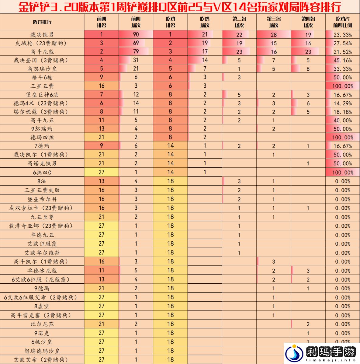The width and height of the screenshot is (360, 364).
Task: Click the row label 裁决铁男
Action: [42, 35]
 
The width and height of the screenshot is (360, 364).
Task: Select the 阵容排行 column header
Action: [42, 22]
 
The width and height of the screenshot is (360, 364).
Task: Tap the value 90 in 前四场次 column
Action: [136, 35]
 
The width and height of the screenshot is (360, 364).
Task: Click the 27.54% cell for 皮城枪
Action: [342, 43]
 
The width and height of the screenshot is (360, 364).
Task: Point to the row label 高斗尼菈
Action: [42, 52]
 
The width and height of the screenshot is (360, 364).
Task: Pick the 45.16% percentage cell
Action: [342, 60]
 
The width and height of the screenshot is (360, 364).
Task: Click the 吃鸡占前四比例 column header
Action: [342, 22]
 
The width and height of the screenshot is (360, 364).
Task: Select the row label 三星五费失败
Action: [42, 190]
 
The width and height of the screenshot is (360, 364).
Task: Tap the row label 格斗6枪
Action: [42, 77]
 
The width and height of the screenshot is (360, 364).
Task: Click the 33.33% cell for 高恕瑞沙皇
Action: [342, 69]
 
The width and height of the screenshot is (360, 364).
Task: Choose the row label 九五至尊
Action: [42, 217]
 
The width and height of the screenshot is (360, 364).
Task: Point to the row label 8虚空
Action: [42, 306]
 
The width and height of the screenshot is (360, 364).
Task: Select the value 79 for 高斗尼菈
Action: [136, 52]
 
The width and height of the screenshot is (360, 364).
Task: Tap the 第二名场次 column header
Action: [239, 22]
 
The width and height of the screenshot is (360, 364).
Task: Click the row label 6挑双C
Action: [42, 172]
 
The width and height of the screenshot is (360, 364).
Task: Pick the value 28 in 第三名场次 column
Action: [274, 35]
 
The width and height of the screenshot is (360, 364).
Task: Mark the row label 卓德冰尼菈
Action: [42, 271]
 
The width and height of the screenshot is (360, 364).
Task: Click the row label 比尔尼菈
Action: [42, 324]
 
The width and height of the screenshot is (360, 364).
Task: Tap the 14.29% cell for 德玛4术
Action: [342, 103]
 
